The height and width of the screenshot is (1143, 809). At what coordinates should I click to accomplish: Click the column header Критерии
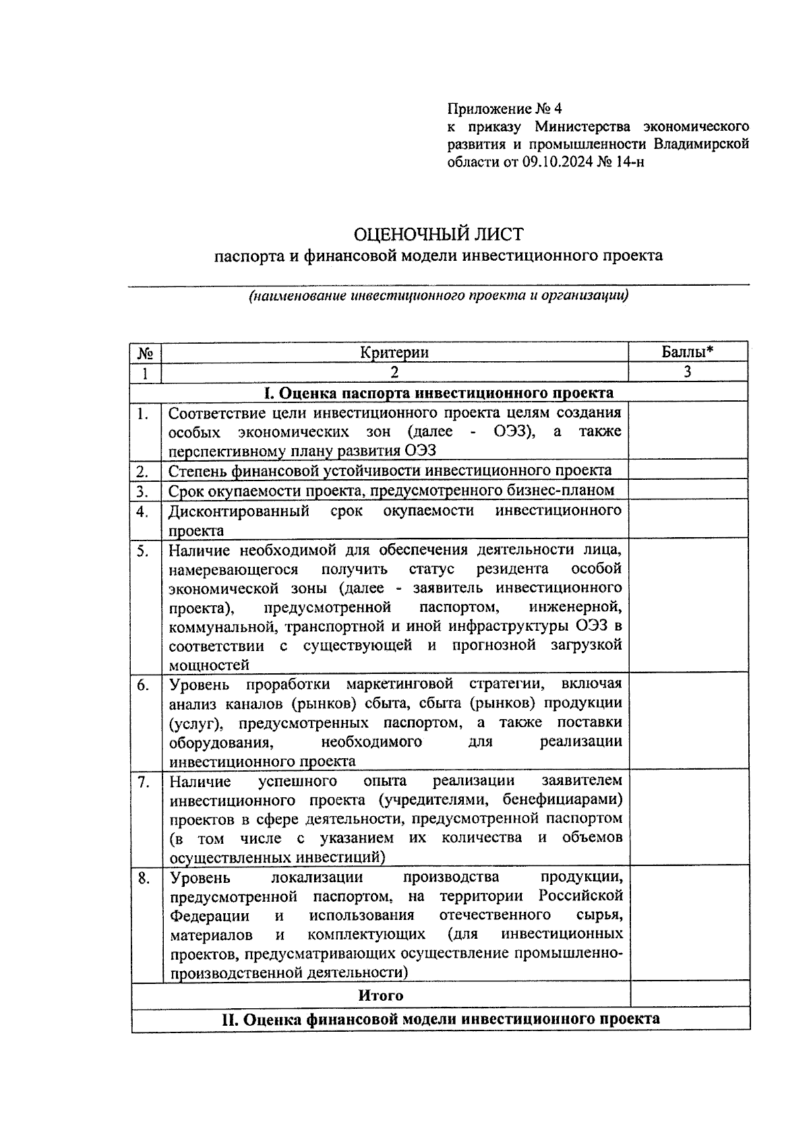click(x=394, y=352)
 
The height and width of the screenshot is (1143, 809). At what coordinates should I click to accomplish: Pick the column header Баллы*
click(x=687, y=352)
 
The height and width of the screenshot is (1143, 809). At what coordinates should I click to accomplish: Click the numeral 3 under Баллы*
click(x=687, y=371)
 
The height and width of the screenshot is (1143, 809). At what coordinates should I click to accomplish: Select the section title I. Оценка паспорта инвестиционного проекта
click(x=439, y=393)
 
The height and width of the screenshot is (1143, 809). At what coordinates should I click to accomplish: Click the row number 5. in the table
click(x=142, y=551)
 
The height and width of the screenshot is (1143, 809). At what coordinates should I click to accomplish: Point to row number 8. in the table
click(x=143, y=878)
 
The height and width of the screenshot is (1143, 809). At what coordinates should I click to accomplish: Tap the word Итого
click(x=381, y=995)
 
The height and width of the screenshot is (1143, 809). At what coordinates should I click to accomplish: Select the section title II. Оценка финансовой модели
click(x=441, y=1019)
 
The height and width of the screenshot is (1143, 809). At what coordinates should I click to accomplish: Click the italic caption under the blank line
click(x=438, y=295)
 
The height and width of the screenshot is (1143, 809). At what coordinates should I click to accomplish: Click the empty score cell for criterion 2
click(x=688, y=470)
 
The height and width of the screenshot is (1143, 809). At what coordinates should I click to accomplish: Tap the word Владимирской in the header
click(x=702, y=144)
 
